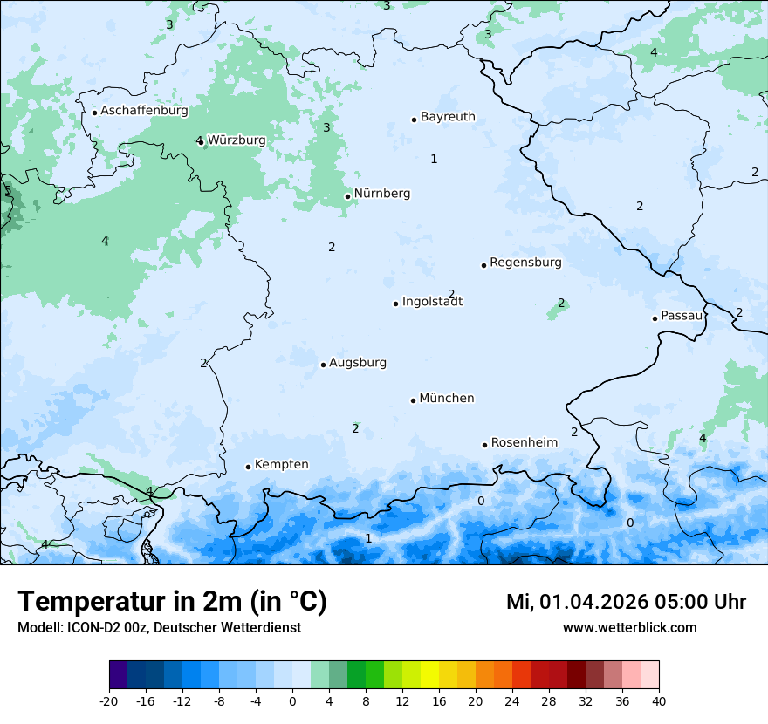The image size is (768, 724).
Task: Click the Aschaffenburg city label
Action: [x=144, y=111]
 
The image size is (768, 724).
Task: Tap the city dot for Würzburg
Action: [x=201, y=141]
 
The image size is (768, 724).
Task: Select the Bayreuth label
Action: [x=448, y=117]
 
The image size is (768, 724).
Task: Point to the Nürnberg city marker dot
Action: [x=347, y=196]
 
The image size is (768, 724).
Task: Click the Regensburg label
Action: [x=525, y=263]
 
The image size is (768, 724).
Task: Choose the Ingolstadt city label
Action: [x=432, y=302]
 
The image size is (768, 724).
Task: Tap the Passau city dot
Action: [x=655, y=318]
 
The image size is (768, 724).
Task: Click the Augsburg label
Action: [x=358, y=363]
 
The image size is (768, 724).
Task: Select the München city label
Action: [x=447, y=399]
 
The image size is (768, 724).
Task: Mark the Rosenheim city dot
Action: [x=484, y=445]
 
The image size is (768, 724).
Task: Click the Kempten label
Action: [x=281, y=465]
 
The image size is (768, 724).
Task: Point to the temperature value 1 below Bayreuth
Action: [x=434, y=159]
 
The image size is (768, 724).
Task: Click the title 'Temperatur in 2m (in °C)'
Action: [x=173, y=602]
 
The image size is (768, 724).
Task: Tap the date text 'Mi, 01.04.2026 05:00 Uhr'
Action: [x=626, y=602]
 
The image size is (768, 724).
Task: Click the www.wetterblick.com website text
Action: [x=629, y=627]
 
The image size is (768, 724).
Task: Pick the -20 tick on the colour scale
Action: [x=109, y=700]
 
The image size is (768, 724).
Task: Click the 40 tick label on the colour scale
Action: [x=659, y=700]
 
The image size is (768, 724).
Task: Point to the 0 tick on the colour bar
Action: [x=292, y=700]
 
